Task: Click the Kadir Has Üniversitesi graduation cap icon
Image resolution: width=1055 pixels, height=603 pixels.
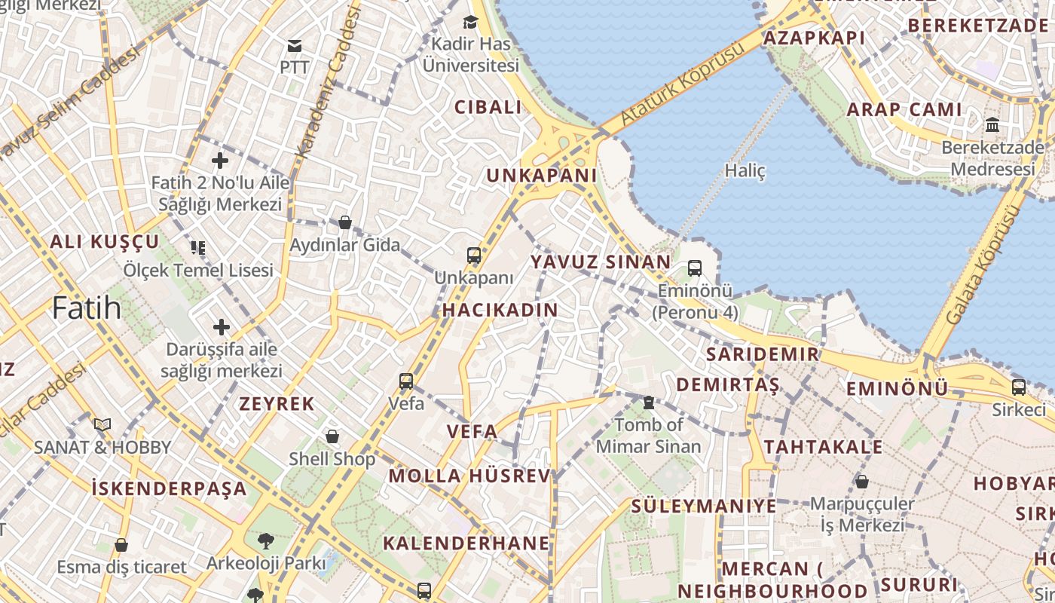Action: click(x=471, y=22)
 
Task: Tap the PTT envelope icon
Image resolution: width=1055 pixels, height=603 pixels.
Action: click(x=295, y=46)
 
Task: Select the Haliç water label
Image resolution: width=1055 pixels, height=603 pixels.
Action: click(x=745, y=171)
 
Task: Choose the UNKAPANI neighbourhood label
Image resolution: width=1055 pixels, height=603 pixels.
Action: click(x=541, y=176)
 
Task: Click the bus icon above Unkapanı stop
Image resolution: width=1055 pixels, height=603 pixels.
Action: click(x=474, y=256)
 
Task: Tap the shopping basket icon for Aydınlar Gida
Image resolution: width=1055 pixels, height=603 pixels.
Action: click(x=345, y=222)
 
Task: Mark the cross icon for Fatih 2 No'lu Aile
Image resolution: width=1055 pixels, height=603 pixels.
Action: click(x=220, y=161)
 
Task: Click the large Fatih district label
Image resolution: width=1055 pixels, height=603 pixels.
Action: click(x=87, y=308)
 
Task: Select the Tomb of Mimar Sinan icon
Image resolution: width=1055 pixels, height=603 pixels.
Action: click(x=649, y=403)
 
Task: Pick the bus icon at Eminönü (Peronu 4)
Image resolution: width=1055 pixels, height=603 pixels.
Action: click(x=695, y=268)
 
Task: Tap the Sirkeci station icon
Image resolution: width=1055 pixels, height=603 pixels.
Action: click(x=1019, y=387)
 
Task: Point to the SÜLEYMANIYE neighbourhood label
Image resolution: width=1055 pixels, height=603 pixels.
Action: click(x=704, y=506)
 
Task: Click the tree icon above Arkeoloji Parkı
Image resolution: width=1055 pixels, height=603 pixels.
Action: click(x=265, y=540)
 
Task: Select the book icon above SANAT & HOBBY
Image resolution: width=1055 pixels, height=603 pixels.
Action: click(x=102, y=425)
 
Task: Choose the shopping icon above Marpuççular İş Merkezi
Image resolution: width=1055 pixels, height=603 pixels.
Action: click(x=862, y=481)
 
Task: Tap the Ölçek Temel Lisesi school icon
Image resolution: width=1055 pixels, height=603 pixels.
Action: click(x=198, y=247)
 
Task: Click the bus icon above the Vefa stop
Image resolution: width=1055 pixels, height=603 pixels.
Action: click(x=406, y=381)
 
